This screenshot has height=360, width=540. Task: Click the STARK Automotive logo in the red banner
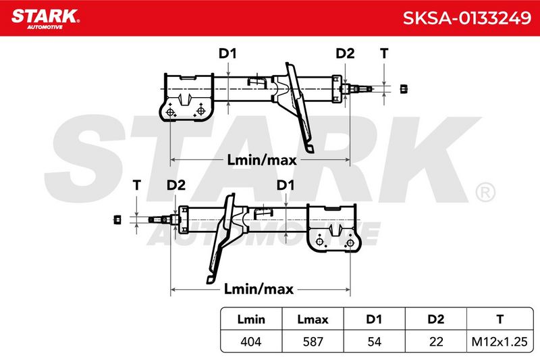coord(45,19)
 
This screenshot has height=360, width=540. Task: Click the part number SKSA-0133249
coord(466,18)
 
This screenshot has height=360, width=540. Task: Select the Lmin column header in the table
coord(251,319)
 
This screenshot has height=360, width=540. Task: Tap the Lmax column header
coord(313,319)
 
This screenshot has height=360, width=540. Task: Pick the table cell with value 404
coord(251,341)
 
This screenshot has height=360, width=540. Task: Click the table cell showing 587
coord(313,341)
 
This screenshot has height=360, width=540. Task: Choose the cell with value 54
coord(374,341)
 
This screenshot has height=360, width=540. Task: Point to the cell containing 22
coord(435,341)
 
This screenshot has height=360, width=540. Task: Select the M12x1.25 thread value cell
coord(500,341)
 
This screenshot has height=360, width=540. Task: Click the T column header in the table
coord(500,319)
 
